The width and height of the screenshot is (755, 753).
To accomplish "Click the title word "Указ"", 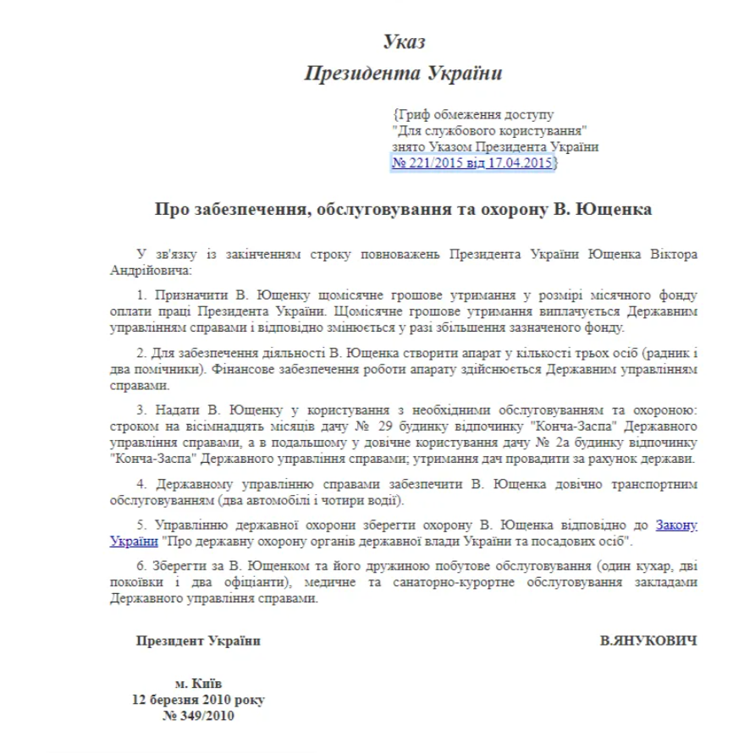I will click(404, 41).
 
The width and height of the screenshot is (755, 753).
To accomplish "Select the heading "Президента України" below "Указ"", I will click(404, 74).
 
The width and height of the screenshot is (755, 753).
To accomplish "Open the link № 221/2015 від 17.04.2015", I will click(472, 162).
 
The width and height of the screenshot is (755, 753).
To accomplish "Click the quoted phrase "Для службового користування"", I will click(490, 131).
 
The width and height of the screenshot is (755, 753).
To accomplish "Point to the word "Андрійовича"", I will click(149, 272).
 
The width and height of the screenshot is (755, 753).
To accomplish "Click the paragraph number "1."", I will click(141, 295).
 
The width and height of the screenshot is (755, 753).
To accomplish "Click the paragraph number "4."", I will click(141, 485).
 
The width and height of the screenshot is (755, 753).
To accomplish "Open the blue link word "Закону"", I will click(676, 525).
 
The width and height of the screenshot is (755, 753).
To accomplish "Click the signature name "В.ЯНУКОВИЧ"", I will click(649, 641).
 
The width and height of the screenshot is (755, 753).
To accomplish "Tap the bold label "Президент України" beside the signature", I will click(199, 641).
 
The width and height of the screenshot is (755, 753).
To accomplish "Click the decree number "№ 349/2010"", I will click(198, 717).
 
